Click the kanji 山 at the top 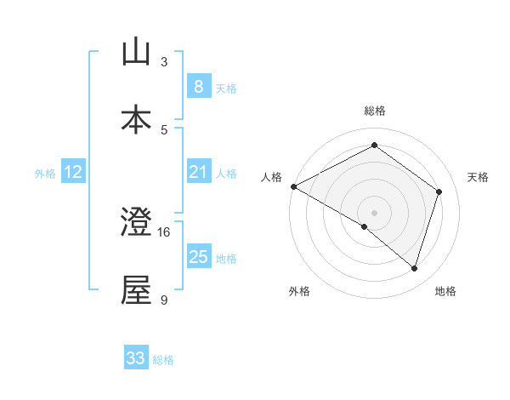[x=136, y=53]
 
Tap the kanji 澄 [x=136, y=223]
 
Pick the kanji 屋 [x=136, y=291]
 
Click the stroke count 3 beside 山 [x=164, y=61]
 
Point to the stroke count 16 [x=164, y=231]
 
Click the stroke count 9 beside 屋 [x=164, y=300]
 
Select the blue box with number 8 [x=198, y=87]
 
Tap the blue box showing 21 [x=198, y=172]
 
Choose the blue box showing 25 [x=198, y=257]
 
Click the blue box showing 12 [x=73, y=172]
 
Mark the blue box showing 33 [x=136, y=358]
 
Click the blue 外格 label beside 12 [x=45, y=173]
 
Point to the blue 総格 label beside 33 [x=163, y=360]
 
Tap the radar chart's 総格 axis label [x=374, y=111]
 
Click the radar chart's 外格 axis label [x=299, y=291]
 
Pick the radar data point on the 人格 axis [x=293, y=186]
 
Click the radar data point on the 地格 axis [x=414, y=268]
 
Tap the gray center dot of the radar [x=374, y=212]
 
